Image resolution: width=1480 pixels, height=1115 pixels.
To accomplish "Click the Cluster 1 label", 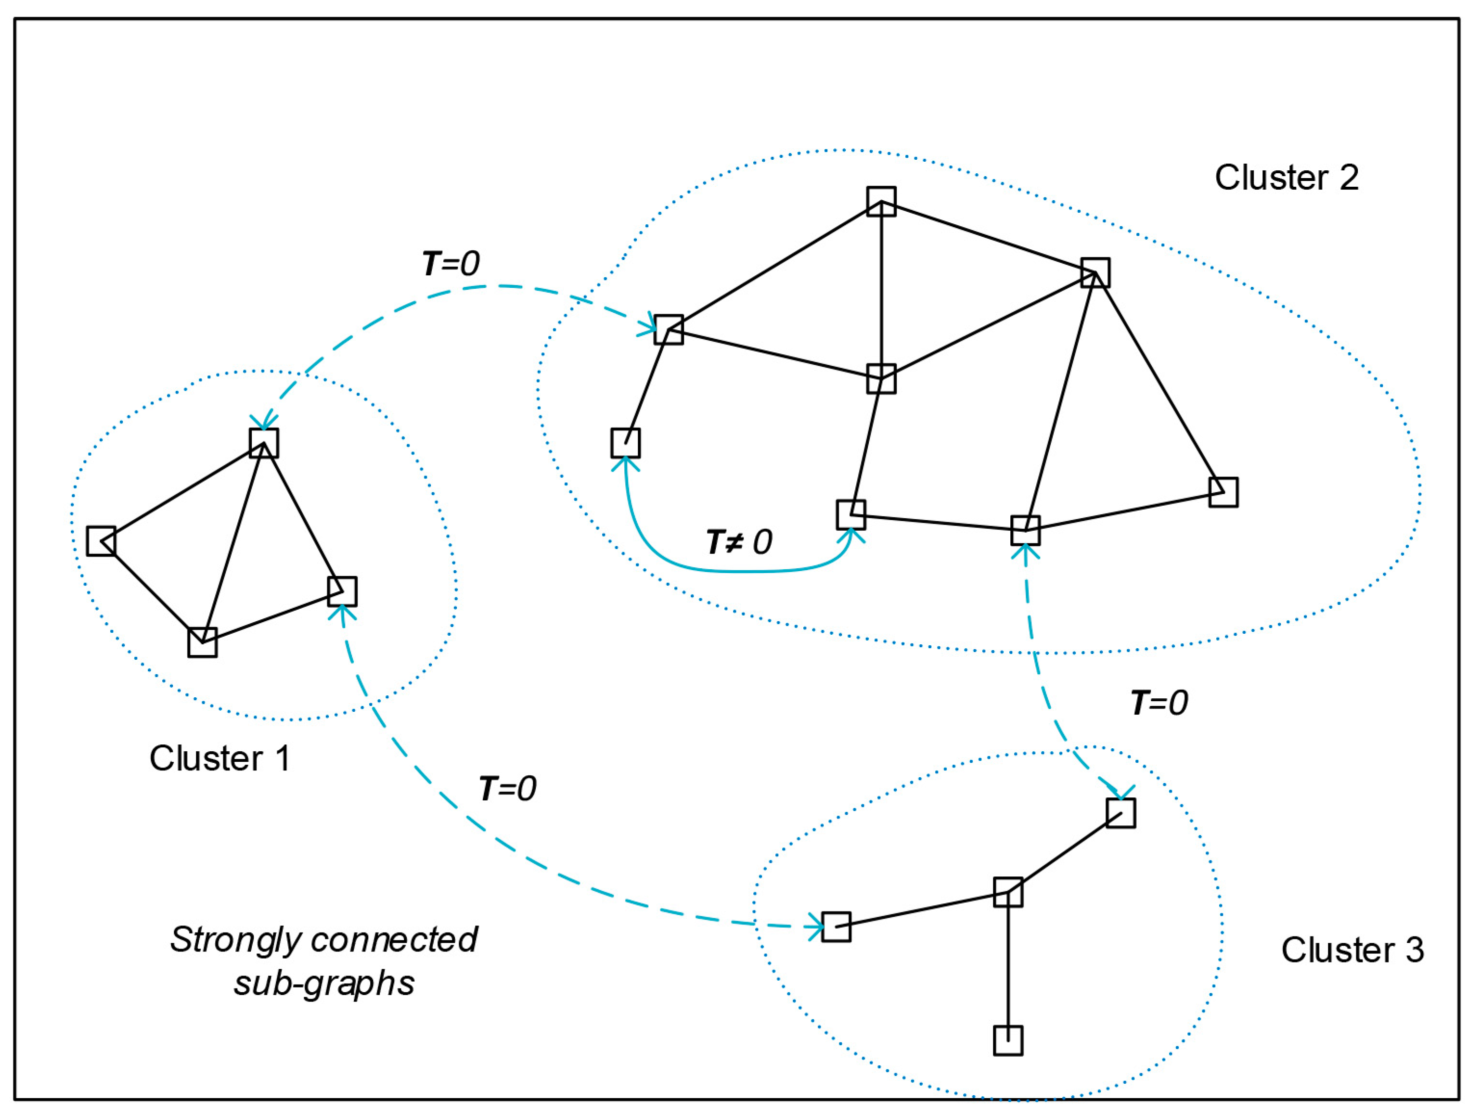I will [x=220, y=758].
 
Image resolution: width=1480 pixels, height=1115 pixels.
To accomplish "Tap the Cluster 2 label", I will [x=1286, y=178].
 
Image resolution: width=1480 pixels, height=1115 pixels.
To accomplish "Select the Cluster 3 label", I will [x=1352, y=950].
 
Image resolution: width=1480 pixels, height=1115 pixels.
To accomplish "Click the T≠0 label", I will [x=739, y=542].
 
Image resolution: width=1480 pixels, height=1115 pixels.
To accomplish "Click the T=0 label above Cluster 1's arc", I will [x=450, y=264].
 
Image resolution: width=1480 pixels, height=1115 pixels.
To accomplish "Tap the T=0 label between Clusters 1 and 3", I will [x=507, y=789].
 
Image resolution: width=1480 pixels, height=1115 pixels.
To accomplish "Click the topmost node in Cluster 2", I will [x=881, y=201].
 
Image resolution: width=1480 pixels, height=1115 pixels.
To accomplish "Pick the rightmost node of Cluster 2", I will [x=1223, y=492].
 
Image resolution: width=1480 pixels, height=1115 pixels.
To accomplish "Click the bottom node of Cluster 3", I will [x=1008, y=1041].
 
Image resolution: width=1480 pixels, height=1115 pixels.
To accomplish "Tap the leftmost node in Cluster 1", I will [x=101, y=541].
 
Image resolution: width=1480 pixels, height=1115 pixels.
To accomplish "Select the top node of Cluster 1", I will [x=264, y=443].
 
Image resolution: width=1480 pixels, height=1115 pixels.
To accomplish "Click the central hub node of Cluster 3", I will [x=1008, y=892].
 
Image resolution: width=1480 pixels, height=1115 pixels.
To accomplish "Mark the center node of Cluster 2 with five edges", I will [x=881, y=379].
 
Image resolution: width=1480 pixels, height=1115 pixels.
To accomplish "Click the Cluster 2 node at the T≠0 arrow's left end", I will [x=626, y=443].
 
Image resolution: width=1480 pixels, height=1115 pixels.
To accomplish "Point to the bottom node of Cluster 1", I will [x=202, y=643].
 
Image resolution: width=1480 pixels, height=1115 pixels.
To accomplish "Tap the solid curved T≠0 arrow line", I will [x=736, y=572].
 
